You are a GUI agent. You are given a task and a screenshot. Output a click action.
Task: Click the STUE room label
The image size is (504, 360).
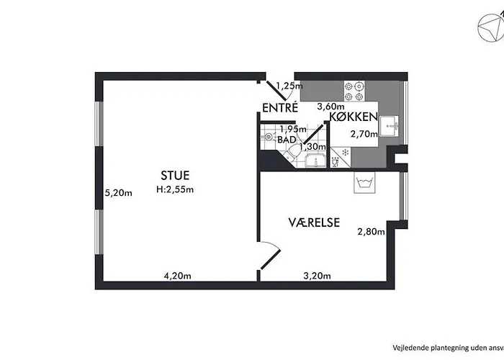[175, 176]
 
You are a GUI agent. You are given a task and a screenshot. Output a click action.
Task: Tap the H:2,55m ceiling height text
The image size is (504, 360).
[175, 189]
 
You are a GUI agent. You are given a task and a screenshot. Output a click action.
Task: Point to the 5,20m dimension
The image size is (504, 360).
[119, 193]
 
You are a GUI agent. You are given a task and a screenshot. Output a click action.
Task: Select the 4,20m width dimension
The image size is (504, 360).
[177, 276]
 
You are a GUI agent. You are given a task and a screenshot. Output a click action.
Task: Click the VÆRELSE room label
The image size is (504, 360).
[314, 222]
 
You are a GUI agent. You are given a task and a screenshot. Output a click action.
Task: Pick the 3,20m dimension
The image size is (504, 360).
[317, 276]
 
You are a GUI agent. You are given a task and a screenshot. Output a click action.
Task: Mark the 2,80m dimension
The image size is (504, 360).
[371, 231]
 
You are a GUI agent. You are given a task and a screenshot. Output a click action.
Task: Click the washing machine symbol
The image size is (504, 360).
[364, 182]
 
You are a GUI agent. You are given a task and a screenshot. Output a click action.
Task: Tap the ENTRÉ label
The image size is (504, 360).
[280, 108]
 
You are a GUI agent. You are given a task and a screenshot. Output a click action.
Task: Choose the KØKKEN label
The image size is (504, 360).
[354, 117]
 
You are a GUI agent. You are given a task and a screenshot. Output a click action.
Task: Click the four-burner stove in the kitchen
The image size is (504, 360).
[354, 91]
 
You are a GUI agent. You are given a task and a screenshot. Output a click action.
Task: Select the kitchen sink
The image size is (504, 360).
[389, 126]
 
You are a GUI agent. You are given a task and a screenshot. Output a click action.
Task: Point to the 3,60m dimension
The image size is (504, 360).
[330, 106]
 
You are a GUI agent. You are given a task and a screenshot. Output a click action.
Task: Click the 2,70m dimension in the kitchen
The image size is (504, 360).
[364, 134]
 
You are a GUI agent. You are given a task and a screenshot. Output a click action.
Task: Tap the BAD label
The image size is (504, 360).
[287, 140]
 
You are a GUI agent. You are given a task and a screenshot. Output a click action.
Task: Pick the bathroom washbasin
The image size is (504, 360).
[315, 161]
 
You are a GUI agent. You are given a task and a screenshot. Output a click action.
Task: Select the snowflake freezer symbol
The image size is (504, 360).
[346, 152]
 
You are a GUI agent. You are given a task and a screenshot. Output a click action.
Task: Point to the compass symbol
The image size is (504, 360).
[491, 27]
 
